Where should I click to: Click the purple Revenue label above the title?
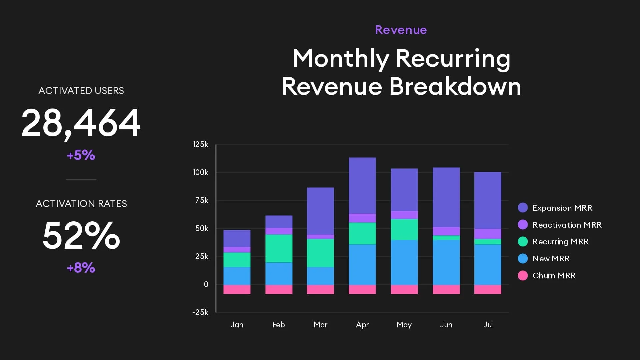coord(401,30)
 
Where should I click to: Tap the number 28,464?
coord(81,123)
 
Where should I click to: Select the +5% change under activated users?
coord(81,155)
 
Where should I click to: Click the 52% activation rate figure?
coord(81,236)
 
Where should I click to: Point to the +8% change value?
coord(81,268)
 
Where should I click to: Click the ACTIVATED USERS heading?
coord(81,91)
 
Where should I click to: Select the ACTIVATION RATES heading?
coord(81,204)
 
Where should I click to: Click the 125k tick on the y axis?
coord(201,144)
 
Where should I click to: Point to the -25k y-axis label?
coord(200,312)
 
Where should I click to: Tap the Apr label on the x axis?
coord(362,325)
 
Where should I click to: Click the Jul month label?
coord(488,325)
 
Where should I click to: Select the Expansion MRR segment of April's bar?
coord(362,185)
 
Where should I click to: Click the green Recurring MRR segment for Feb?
coord(279,248)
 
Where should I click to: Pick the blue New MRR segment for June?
coord(446,262)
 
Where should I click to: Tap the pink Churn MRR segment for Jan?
coord(237,289)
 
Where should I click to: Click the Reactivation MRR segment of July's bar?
coord(488,234)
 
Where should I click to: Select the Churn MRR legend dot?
coord(523,276)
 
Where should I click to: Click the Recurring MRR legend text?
coord(560,242)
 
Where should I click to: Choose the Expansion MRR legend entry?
coord(562,208)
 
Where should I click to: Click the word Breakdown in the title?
coord(455,87)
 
